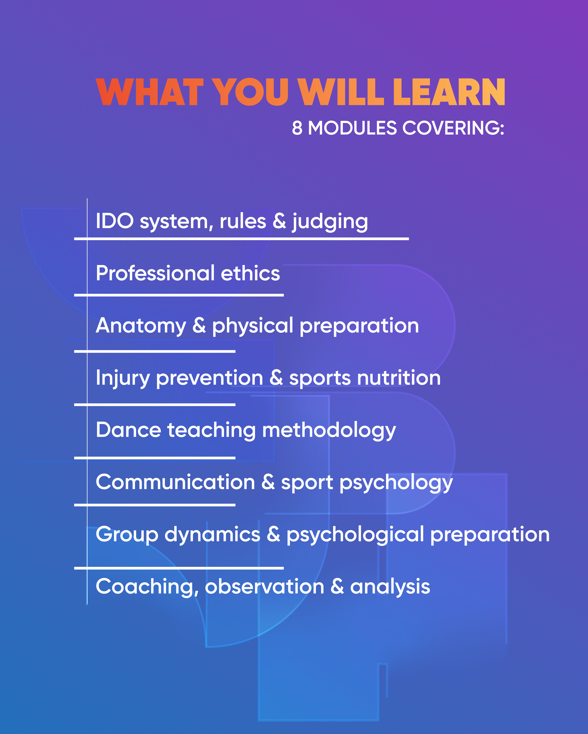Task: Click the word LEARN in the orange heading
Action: tap(449, 92)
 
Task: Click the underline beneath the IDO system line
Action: tap(241, 239)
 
